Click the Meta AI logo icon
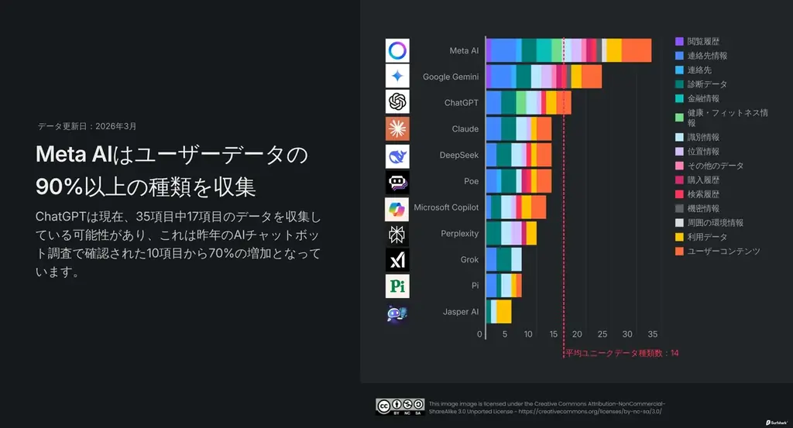click(x=397, y=50)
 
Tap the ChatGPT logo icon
click(x=397, y=102)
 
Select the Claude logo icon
click(x=397, y=128)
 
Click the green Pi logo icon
click(x=397, y=286)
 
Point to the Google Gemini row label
click(x=451, y=77)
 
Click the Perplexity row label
click(x=459, y=234)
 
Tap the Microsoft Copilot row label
click(x=446, y=207)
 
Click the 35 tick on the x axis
click(x=652, y=334)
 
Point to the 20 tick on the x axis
click(x=578, y=334)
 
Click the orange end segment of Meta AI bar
click(x=637, y=50)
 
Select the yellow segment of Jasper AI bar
click(x=503, y=312)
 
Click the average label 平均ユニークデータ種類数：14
click(x=622, y=353)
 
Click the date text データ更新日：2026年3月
click(x=87, y=125)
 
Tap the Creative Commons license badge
click(x=400, y=406)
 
